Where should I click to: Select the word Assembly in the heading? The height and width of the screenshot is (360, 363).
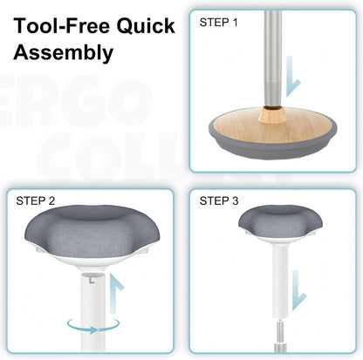pyautogui.click(x=63, y=53)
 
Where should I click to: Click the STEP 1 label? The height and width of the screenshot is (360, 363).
pyautogui.click(x=219, y=21)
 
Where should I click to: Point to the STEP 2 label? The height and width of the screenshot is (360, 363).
pyautogui.click(x=36, y=201)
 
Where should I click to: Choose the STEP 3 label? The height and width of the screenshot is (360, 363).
pyautogui.click(x=220, y=201)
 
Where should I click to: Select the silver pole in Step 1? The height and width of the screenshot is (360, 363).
pyautogui.click(x=271, y=52)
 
